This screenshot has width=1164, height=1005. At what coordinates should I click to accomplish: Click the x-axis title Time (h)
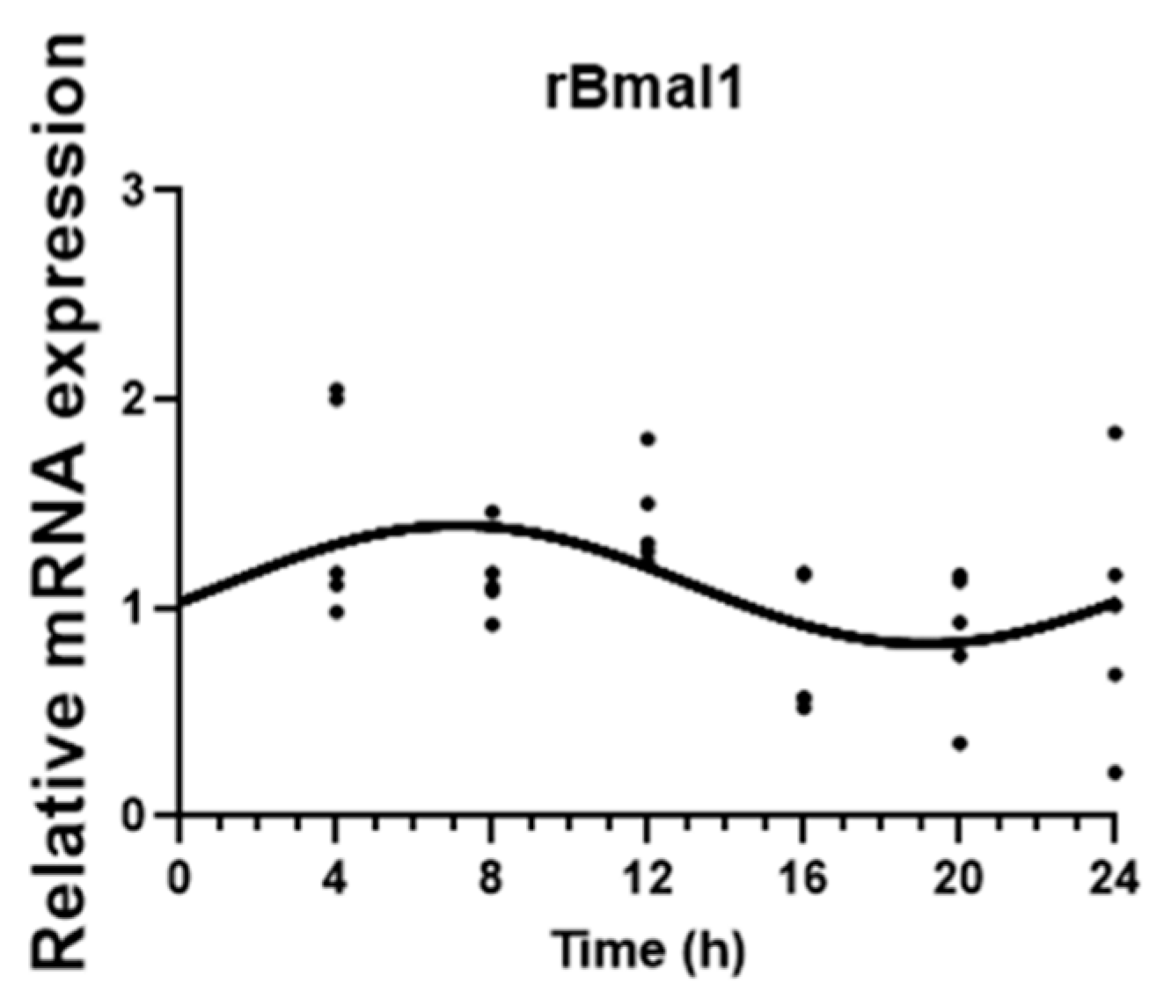[648, 950]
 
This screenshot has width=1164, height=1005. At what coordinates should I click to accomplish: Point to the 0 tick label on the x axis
[179, 878]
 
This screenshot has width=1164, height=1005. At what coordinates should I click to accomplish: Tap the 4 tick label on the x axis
[335, 878]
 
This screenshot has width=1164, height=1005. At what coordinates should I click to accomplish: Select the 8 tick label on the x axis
[491, 878]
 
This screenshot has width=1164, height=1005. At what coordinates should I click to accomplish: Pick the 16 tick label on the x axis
[803, 878]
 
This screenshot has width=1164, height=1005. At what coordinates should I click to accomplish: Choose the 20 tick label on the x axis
[959, 878]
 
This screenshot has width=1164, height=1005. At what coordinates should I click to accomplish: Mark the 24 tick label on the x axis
[1115, 878]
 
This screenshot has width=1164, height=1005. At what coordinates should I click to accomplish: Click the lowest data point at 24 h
[1116, 773]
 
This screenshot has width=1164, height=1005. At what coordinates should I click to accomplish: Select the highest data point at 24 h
[1116, 433]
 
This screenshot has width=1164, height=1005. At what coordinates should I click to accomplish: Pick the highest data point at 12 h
[648, 439]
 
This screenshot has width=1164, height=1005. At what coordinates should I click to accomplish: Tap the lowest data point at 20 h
[960, 743]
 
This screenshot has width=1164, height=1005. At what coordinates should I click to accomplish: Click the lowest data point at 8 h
[492, 624]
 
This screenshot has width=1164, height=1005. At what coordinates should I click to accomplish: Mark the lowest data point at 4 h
[336, 612]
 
